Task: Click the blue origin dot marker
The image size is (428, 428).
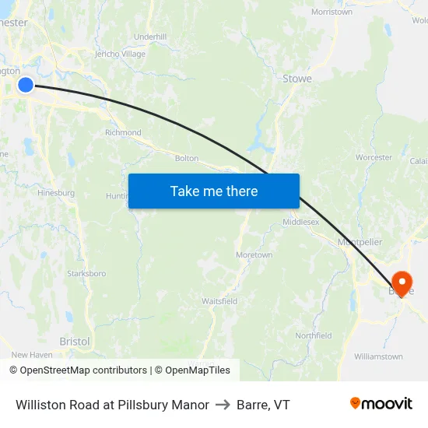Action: point(26,84)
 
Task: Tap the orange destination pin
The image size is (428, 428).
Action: point(402,282)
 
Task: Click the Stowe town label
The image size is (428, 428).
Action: point(296,79)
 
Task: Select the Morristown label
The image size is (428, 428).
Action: point(332,12)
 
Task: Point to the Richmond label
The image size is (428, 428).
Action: point(123,133)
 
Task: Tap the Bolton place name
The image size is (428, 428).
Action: point(187,158)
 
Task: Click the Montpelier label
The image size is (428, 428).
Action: point(360,242)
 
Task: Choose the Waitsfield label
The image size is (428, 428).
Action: point(219,301)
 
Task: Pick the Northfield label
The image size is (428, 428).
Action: point(314,336)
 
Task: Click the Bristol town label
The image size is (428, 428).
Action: point(75,342)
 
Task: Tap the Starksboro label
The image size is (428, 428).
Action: point(86,274)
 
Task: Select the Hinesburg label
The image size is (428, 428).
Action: point(56,192)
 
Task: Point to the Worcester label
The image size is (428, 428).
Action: point(374,157)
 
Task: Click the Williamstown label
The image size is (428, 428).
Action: point(378,356)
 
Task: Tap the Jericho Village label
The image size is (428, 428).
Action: point(120,54)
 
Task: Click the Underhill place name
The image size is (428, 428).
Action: point(150,37)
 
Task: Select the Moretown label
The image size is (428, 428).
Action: point(254,255)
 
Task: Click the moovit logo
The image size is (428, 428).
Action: point(381,404)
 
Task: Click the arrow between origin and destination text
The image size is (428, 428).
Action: point(223,405)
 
